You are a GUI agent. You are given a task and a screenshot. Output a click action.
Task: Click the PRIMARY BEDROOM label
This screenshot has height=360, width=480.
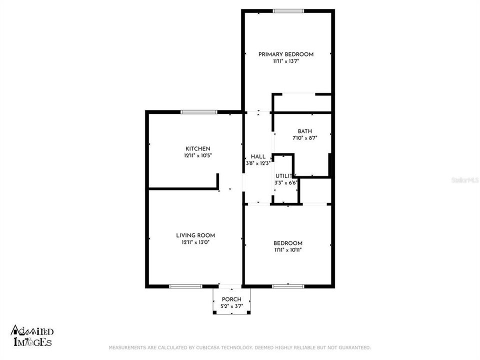coord(285,54)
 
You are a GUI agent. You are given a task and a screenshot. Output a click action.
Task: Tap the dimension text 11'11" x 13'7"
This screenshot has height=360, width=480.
coord(285,61)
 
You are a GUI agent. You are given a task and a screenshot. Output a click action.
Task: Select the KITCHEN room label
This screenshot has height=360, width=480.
coord(198,149)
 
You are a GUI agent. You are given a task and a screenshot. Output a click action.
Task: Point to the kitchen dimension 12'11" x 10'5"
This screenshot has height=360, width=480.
coord(198,155)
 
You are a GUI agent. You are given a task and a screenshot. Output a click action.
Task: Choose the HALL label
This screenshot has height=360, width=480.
coord(258,156)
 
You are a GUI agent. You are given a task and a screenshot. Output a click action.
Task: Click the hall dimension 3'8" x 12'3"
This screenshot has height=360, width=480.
coord(258,163)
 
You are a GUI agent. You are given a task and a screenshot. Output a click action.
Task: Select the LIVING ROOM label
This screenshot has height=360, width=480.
coord(195,235)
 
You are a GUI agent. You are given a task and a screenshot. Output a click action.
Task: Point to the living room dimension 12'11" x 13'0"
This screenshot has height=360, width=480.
coord(195,242)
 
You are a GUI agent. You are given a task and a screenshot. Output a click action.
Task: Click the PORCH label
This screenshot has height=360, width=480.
coord(231,299)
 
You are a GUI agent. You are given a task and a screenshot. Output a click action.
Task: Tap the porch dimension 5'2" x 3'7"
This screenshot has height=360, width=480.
coord(231,306)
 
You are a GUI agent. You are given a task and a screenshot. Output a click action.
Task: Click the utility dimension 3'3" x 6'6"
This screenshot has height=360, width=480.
coord(286,183)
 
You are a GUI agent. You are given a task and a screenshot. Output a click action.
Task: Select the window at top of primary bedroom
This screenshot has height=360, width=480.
coord(288,10)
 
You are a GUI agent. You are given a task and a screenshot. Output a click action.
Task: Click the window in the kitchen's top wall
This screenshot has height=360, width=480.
coord(198,112)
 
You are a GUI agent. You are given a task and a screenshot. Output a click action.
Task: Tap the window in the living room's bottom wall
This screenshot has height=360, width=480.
coord(185,286)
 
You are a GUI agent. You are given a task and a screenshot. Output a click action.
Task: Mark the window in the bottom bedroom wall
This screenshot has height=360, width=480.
coord(288,286)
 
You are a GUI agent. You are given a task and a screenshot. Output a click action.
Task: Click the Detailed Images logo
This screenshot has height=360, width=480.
coord(31,336)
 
